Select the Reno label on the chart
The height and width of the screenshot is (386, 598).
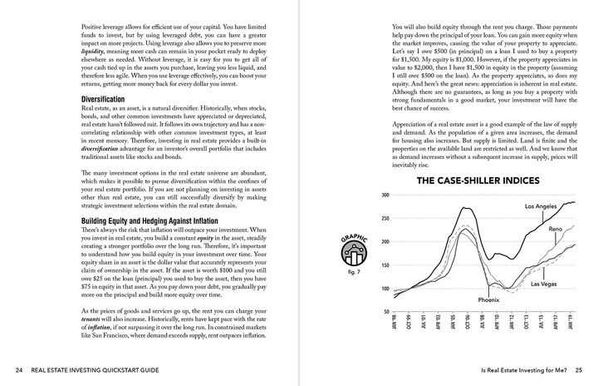(556, 228)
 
